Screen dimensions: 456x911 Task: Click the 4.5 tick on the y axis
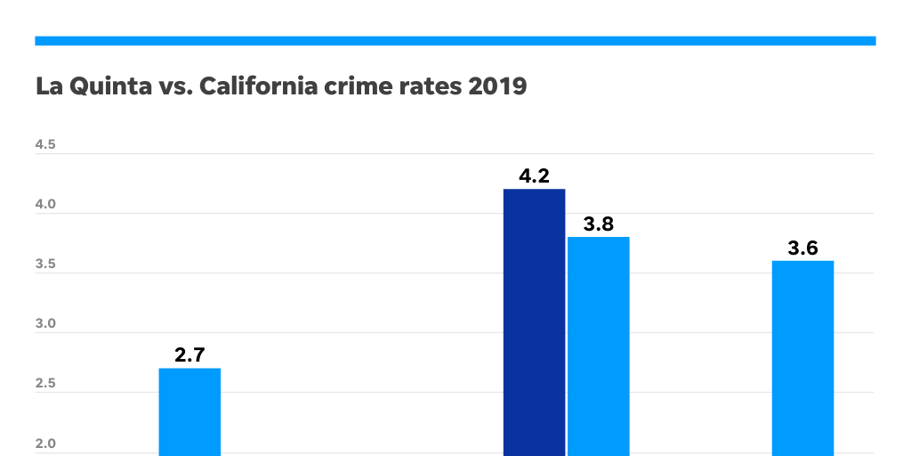[x=45, y=144]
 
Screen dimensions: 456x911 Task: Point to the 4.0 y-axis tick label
[x=45, y=204]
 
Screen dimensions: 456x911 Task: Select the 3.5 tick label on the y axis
[x=45, y=265]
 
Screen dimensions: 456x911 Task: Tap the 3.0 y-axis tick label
[x=45, y=324]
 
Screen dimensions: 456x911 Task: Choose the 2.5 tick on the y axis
[x=45, y=384]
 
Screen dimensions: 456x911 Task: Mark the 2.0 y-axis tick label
[x=45, y=444]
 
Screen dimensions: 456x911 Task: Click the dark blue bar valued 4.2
[x=534, y=321]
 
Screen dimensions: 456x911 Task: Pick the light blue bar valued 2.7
[x=189, y=411]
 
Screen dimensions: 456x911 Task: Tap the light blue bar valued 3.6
[x=802, y=356]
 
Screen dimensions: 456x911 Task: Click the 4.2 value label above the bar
[x=534, y=176]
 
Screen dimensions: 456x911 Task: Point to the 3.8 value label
[x=599, y=224]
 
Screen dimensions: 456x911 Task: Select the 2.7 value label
[x=189, y=355]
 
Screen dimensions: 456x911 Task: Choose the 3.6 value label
[x=802, y=248]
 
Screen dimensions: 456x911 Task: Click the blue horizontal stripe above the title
[x=455, y=40]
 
